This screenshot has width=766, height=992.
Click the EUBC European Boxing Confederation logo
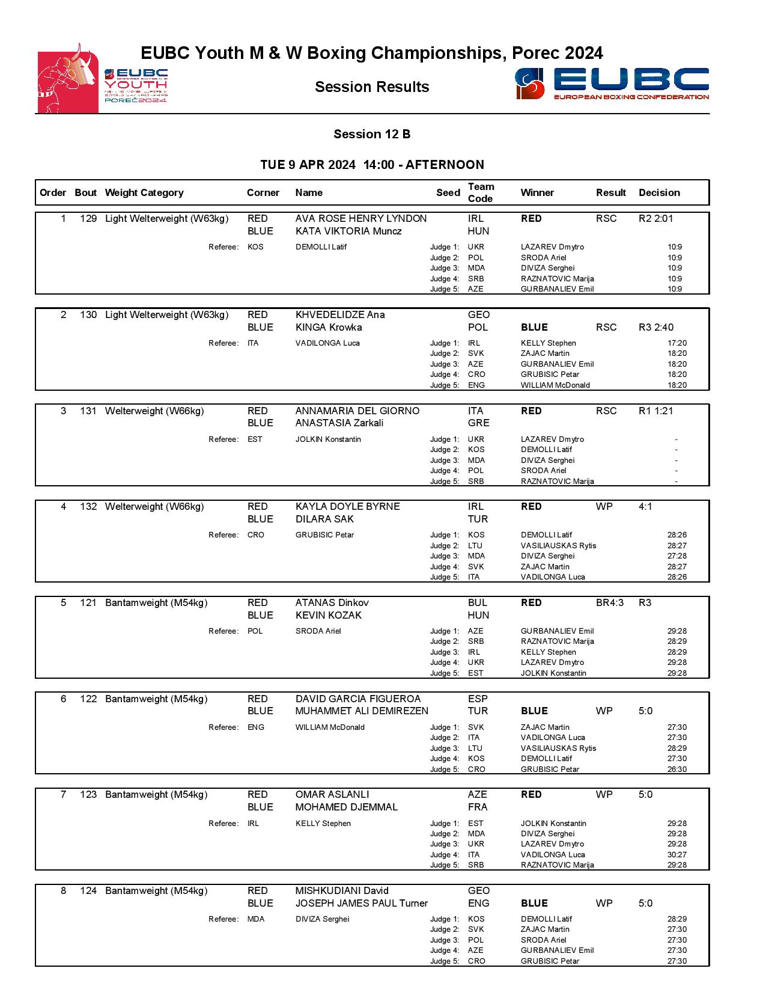coord(612,84)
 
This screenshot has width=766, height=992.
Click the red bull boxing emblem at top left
coord(68,79)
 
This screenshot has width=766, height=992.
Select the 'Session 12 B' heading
coord(372,134)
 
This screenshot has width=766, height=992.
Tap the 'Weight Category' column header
coord(144,193)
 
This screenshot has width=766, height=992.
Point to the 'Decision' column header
coord(659,193)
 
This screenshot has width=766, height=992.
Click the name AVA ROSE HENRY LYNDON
coord(360,219)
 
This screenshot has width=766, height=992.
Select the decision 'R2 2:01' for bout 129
coord(655,219)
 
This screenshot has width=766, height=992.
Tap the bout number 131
coord(88,411)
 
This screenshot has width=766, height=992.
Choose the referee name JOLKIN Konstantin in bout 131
coord(328,439)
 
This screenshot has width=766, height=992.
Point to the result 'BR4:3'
coord(609,603)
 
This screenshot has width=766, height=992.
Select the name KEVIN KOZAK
coord(328,616)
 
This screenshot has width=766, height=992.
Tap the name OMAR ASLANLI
coord(332,795)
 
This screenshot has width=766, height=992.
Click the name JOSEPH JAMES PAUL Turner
coord(361,904)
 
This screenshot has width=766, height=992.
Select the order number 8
coord(64,891)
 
